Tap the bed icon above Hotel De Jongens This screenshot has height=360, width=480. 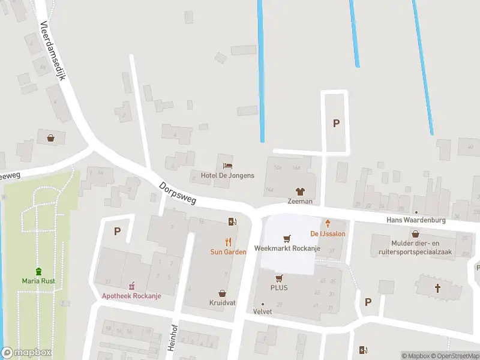click(227, 166)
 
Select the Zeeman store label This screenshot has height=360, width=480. click(299, 202)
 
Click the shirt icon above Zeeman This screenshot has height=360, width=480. click(300, 192)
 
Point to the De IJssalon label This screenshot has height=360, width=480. click(327, 233)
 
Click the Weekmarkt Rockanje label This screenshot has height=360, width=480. click(287, 248)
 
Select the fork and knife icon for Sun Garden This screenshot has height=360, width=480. click(228, 242)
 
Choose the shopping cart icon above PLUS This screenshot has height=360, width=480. click(279, 278)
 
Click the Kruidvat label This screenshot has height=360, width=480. click(223, 303)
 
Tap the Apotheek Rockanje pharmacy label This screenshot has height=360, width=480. click(131, 295)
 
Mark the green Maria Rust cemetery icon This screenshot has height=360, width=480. click(39, 271)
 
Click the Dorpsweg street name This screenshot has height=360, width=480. click(178, 193)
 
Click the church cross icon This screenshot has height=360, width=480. click(437, 289)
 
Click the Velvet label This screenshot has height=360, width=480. click(262, 311)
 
